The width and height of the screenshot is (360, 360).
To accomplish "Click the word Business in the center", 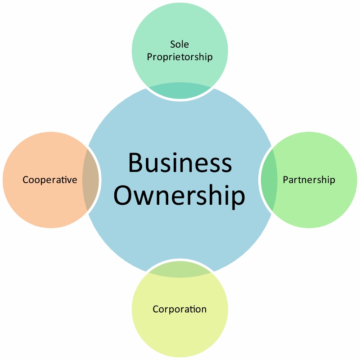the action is pos(180,163).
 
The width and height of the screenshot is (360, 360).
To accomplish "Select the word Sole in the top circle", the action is pos(180,44).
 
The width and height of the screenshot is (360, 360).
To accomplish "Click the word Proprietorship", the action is pos(180,57).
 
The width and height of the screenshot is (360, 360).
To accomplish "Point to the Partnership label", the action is pos(309,180).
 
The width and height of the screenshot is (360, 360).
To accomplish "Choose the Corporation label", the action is pos(180,309).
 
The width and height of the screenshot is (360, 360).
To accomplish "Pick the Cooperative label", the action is pos(50,180).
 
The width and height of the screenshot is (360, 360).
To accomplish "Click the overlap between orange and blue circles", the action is pos(91,180).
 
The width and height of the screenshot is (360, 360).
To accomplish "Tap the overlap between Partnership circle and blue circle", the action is pos(269,180).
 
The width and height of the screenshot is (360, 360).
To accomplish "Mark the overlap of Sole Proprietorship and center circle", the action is pos(180,92).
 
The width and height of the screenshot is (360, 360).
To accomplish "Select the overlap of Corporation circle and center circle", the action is pos(180,269).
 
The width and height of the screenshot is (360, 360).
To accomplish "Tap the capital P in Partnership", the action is pos(285,180).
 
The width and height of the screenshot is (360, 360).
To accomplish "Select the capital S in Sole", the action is pos(173,44).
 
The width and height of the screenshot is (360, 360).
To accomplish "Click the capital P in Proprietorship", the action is pos(150,57).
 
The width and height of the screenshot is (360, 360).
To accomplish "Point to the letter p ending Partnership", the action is pos(333,181).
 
